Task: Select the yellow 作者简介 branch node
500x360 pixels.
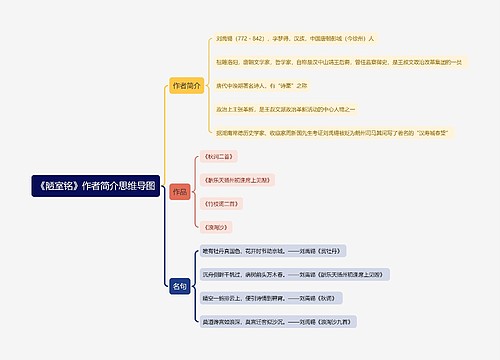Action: point(186,85)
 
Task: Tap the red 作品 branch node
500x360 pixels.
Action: point(179,191)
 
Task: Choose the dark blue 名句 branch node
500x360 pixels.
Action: point(180,287)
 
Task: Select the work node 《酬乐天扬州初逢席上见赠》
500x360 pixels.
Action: point(236,180)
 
